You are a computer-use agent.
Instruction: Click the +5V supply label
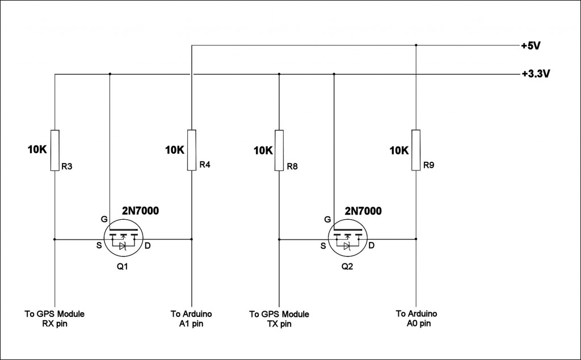pyautogui.click(x=531, y=46)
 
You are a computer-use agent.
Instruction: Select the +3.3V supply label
pyautogui.click(x=536, y=74)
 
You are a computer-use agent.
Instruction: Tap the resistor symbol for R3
pyautogui.click(x=55, y=150)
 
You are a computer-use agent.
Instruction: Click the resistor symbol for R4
pyautogui.click(x=192, y=150)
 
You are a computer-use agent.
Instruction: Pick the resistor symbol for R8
pyautogui.click(x=279, y=150)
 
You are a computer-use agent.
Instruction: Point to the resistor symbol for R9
pyautogui.click(x=416, y=150)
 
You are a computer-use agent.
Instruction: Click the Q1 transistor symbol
pyautogui.click(x=124, y=238)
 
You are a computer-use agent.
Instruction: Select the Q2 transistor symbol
pyautogui.click(x=348, y=238)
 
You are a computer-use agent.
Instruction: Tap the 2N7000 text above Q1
pyautogui.click(x=141, y=211)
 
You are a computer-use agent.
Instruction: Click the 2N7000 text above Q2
pyautogui.click(x=363, y=211)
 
